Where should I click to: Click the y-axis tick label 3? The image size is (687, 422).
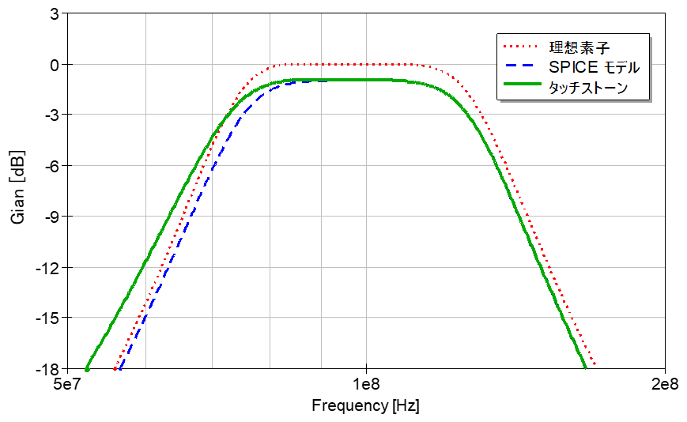[x=55, y=14]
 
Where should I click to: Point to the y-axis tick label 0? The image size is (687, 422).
[x=55, y=66]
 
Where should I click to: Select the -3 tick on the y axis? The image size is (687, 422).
[x=51, y=115]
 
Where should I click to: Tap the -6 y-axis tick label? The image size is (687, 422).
[x=51, y=166]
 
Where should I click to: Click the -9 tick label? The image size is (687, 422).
[x=51, y=217]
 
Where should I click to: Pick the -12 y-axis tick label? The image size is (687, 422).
[x=48, y=268]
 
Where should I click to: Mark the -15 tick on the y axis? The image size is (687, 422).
[x=48, y=318]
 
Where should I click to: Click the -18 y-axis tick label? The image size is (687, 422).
[x=48, y=369]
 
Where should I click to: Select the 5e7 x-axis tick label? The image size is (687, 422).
[x=67, y=384]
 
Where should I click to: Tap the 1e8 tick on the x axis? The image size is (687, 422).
[x=366, y=384]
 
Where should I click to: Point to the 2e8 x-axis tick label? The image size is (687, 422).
[x=665, y=384]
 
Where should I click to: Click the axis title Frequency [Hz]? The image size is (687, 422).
[x=365, y=406]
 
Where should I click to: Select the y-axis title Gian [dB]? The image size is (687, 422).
[x=17, y=187]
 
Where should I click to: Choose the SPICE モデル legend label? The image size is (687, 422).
[x=594, y=67]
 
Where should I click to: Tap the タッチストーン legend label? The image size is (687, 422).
[x=588, y=88]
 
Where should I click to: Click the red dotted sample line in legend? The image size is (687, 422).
[x=520, y=46]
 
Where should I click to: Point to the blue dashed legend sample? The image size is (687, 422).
[x=520, y=66]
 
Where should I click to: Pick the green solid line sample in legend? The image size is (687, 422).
[x=523, y=84]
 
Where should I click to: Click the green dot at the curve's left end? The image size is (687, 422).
[x=87, y=370]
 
